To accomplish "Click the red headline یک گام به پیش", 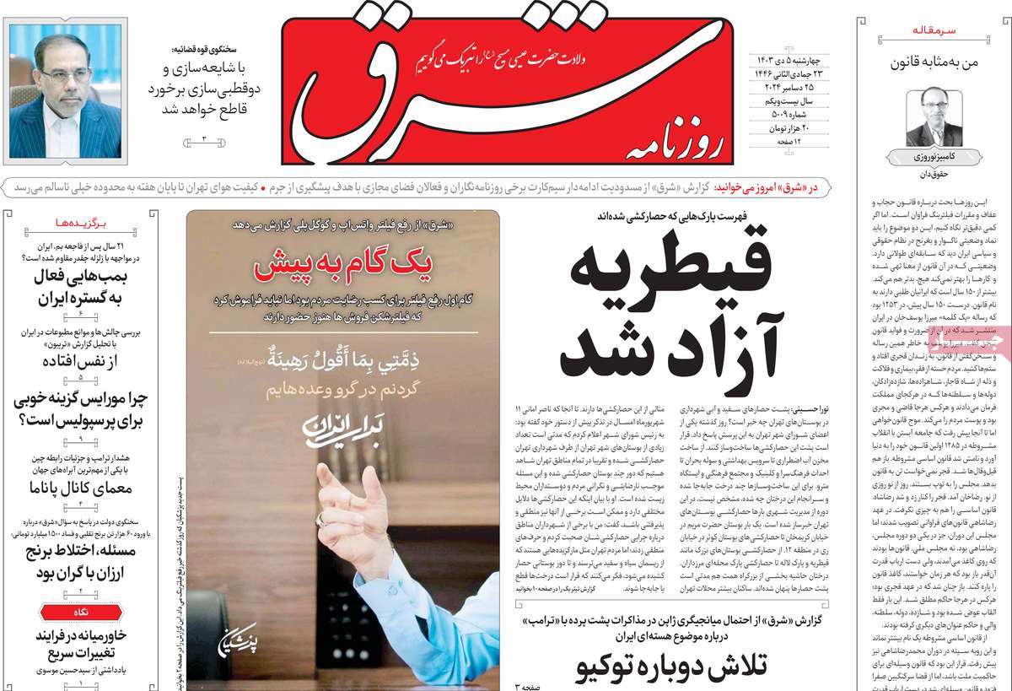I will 343,269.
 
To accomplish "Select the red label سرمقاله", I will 934,30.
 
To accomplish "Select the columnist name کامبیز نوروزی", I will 934,158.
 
